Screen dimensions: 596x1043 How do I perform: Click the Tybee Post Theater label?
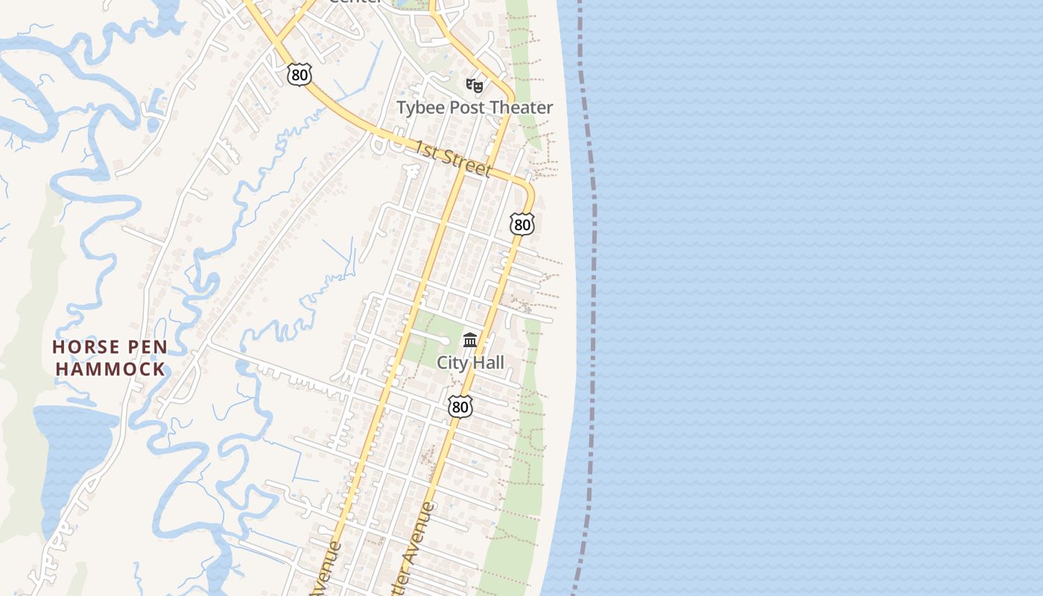[x=475, y=107]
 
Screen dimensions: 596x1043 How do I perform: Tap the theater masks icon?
[x=475, y=85]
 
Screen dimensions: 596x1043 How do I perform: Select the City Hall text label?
[x=470, y=363]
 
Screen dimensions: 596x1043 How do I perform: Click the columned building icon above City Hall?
[x=470, y=340]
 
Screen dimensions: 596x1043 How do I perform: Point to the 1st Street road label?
[x=453, y=159]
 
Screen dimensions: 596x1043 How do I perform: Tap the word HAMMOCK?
[x=110, y=369]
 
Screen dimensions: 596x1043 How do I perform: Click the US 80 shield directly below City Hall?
[x=460, y=406]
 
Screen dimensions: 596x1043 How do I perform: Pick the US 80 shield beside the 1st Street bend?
[x=522, y=224]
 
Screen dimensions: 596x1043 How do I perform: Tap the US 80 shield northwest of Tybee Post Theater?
[x=299, y=74]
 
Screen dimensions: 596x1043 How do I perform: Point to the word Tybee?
[x=419, y=107]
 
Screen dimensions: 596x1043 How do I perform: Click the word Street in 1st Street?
[x=466, y=163]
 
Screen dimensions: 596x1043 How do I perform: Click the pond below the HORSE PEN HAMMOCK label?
[x=71, y=447]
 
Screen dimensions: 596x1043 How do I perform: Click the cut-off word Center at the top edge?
[x=355, y=2]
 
